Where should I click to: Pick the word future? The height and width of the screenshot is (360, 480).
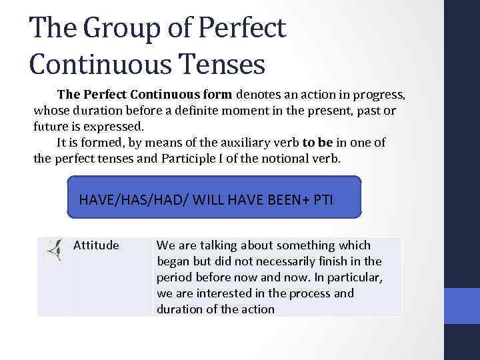tap(51, 125)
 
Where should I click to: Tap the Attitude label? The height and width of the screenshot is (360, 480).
tap(96, 245)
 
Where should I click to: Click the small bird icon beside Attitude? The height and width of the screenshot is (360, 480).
tap(54, 249)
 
